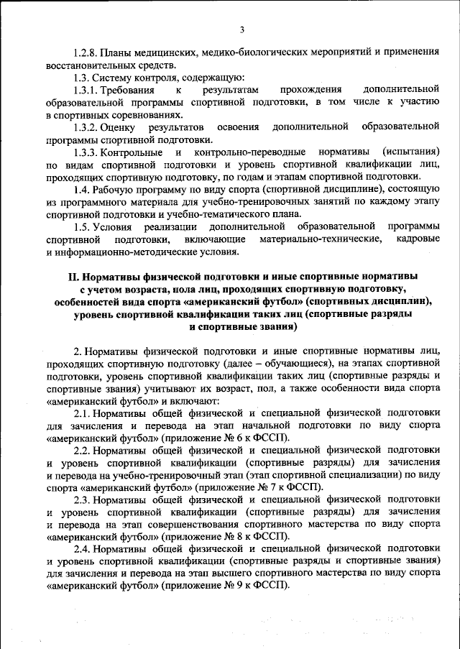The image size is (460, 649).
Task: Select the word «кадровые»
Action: tap(417, 239)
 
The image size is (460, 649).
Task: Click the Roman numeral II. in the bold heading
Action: tap(72, 276)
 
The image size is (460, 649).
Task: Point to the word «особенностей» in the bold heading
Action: tap(89, 301)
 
